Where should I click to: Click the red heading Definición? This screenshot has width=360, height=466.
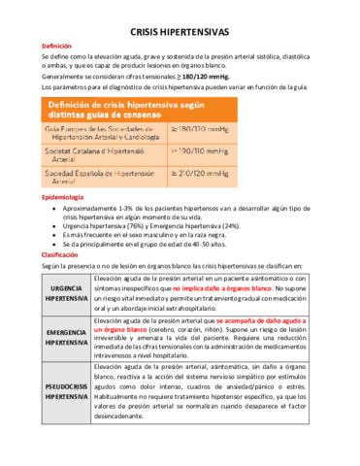[x=55, y=47]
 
